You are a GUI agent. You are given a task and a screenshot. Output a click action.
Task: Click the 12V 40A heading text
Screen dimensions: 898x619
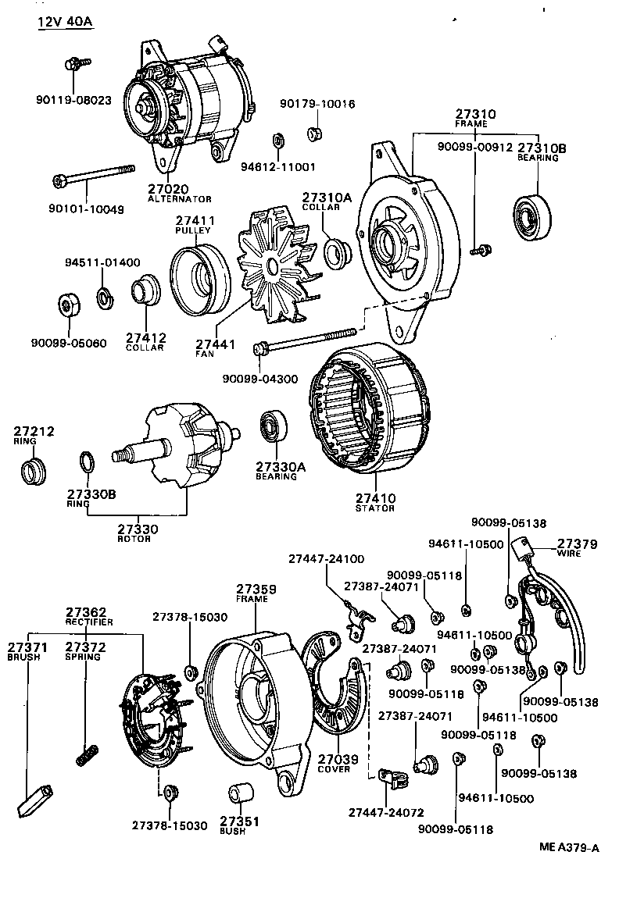coord(64,22)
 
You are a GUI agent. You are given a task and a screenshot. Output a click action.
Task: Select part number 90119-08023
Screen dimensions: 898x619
coord(73,100)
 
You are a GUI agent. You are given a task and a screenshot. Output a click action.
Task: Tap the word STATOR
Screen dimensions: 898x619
coord(375,508)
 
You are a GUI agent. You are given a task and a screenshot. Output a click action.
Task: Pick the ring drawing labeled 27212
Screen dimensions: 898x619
coord(33,471)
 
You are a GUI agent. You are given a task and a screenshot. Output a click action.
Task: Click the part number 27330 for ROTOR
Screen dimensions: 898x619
coord(138,529)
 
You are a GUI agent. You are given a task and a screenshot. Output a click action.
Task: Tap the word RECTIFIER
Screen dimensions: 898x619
coord(89,622)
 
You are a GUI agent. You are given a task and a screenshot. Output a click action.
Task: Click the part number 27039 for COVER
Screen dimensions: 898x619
coord(334,758)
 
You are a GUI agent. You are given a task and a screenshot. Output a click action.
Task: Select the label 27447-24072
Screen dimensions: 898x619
coord(379,813)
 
